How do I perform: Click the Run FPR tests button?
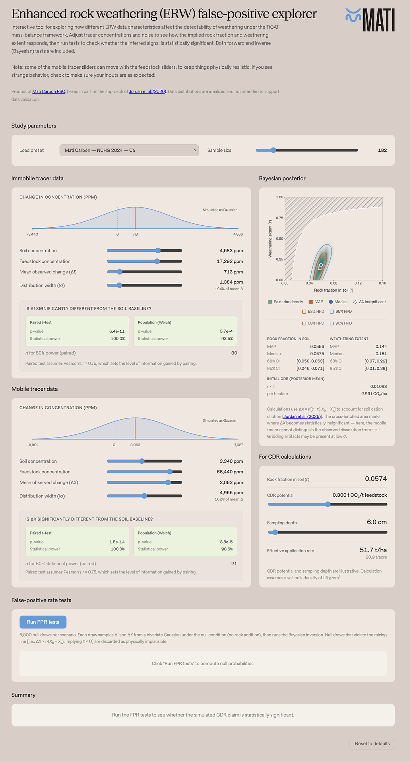(x=43, y=622)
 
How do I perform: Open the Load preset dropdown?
(x=129, y=150)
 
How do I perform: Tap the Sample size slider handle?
(x=273, y=150)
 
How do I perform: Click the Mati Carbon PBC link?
(x=48, y=91)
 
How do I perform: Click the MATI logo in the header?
(x=370, y=20)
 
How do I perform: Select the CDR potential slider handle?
(x=328, y=504)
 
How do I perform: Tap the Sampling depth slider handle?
(x=275, y=532)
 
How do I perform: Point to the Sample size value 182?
(x=382, y=150)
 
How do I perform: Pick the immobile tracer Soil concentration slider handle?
(x=158, y=251)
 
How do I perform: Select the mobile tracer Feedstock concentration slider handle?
(x=170, y=472)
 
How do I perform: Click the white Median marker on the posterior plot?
(x=321, y=265)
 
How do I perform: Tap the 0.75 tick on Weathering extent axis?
(x=280, y=218)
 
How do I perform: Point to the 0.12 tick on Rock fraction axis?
(x=358, y=283)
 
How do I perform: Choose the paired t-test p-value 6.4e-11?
(x=117, y=331)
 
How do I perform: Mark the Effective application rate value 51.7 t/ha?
(x=373, y=550)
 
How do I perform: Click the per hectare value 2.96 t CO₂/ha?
(x=374, y=394)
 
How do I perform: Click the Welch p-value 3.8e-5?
(x=226, y=542)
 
